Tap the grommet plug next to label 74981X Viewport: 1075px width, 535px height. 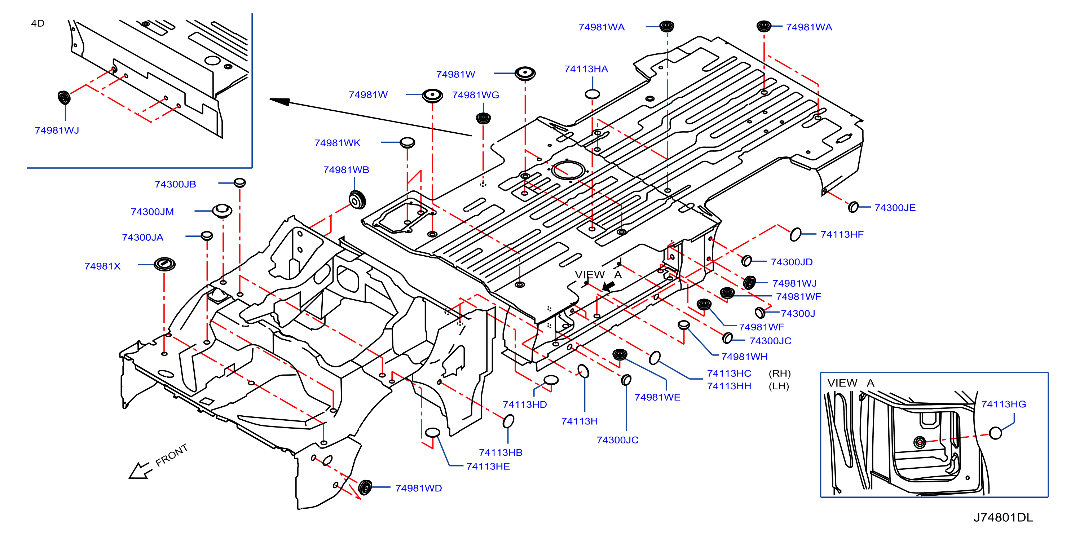[164, 264]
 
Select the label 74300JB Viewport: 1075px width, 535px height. [175, 184]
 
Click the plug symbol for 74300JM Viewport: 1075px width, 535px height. [222, 211]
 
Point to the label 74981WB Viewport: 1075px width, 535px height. [346, 170]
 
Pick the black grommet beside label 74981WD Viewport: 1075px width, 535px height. [365, 487]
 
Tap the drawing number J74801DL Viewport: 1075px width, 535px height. [1003, 517]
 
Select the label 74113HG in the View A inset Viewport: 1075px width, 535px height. [1003, 404]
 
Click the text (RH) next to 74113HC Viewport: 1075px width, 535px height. [780, 373]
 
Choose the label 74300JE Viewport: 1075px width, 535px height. [895, 208]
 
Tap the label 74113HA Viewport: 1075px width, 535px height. [586, 69]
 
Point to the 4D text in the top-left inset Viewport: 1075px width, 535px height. [38, 23]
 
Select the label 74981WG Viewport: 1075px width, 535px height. [475, 95]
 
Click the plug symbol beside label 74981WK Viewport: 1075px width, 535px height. [407, 142]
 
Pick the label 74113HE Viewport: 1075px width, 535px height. [488, 466]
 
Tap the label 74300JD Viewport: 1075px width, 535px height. [792, 262]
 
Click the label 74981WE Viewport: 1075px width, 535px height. [657, 397]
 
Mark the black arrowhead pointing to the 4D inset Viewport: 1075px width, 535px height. [279, 101]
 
